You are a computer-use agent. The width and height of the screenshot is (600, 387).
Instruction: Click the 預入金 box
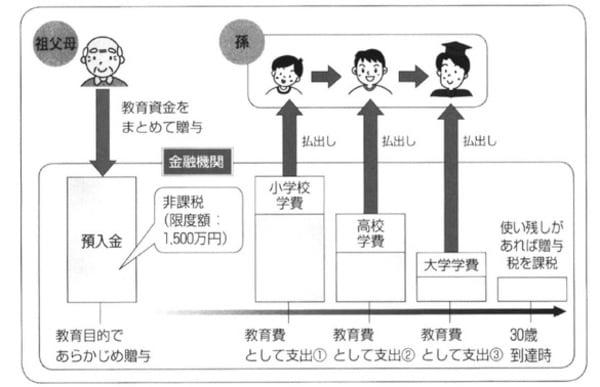coord(100,240)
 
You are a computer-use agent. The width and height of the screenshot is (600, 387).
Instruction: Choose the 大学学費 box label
coord(448,265)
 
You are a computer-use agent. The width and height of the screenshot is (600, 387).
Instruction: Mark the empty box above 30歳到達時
coord(532,289)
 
